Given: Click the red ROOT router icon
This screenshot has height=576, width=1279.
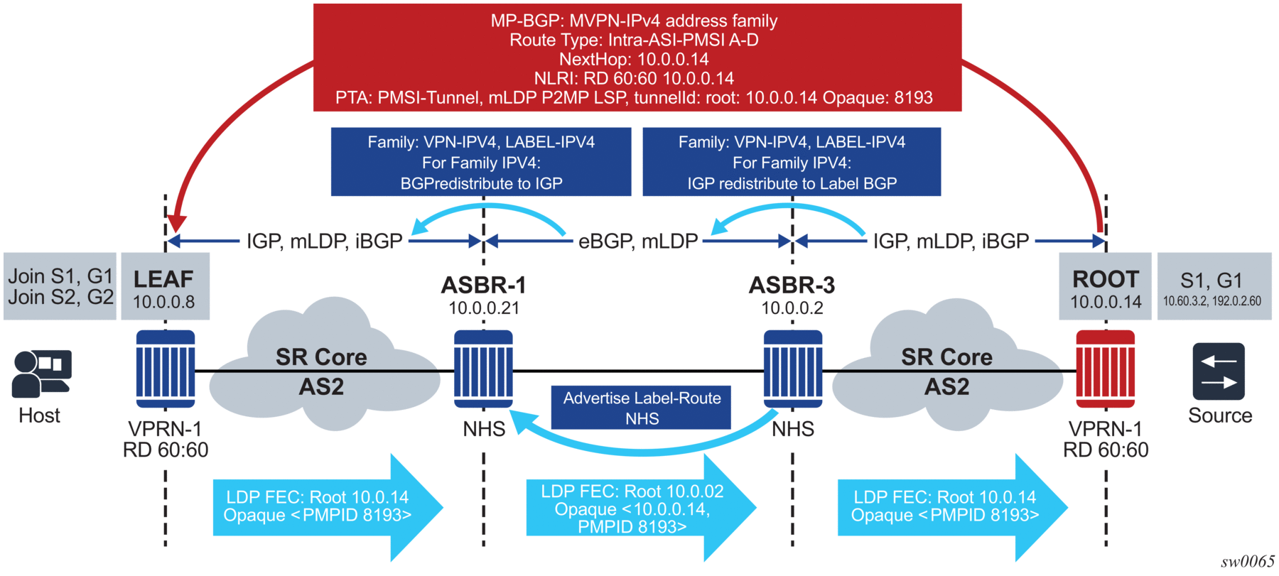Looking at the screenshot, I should (1105, 369).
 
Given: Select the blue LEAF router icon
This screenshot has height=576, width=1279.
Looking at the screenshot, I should (166, 369).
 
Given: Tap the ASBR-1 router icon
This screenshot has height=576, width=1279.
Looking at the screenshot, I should (483, 369).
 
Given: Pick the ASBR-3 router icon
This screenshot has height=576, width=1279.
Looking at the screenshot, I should (793, 369).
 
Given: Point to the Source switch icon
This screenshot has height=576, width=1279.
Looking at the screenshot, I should (1219, 371).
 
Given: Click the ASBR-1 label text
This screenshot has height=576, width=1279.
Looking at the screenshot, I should (483, 286).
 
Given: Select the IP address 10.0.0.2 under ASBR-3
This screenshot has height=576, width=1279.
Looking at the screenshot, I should (792, 308).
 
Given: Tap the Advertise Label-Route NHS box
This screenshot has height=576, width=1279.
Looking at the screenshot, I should (641, 408).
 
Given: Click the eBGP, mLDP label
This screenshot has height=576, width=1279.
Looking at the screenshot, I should (638, 241).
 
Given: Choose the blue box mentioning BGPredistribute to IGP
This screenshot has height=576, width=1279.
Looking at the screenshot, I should (481, 162).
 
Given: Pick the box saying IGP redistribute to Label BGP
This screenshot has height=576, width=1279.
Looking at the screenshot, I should (792, 162).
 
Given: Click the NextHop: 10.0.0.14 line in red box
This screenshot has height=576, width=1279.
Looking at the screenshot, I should (634, 59).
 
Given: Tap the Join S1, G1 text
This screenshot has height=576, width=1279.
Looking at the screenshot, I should (60, 276).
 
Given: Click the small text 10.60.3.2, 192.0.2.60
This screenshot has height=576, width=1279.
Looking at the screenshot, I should (1211, 301).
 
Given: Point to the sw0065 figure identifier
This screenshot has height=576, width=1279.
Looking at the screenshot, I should (1247, 562).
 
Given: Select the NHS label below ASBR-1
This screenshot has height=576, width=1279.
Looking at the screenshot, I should (484, 429).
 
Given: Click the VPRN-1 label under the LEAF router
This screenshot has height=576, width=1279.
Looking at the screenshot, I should (165, 429).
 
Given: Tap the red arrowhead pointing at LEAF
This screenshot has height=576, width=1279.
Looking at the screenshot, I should (177, 224).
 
